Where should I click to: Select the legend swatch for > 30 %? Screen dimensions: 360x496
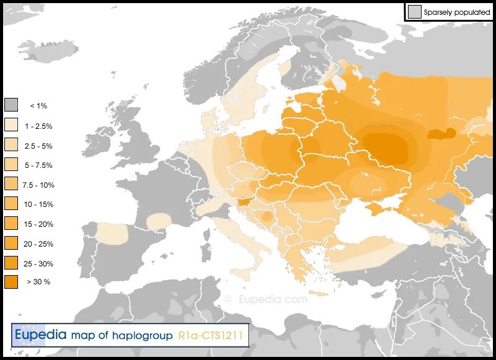[x=11, y=282]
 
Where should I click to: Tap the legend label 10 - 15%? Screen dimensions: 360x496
[x=38, y=204]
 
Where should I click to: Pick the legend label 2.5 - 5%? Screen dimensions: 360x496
[x=38, y=146]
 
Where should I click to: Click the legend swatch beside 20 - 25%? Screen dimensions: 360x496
[x=11, y=244]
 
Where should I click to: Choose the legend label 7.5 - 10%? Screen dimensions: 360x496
[x=38, y=185]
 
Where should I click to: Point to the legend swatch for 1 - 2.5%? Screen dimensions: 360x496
[x=11, y=125]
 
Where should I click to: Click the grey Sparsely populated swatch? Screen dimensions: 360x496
[x=414, y=12]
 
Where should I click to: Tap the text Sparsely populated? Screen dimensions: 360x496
[x=457, y=12]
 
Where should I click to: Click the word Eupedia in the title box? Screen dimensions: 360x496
[x=40, y=335]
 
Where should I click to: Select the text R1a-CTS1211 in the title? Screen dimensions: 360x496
[x=213, y=335]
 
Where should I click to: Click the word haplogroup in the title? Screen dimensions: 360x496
[x=142, y=335]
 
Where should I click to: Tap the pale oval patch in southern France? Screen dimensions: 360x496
[x=159, y=221]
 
